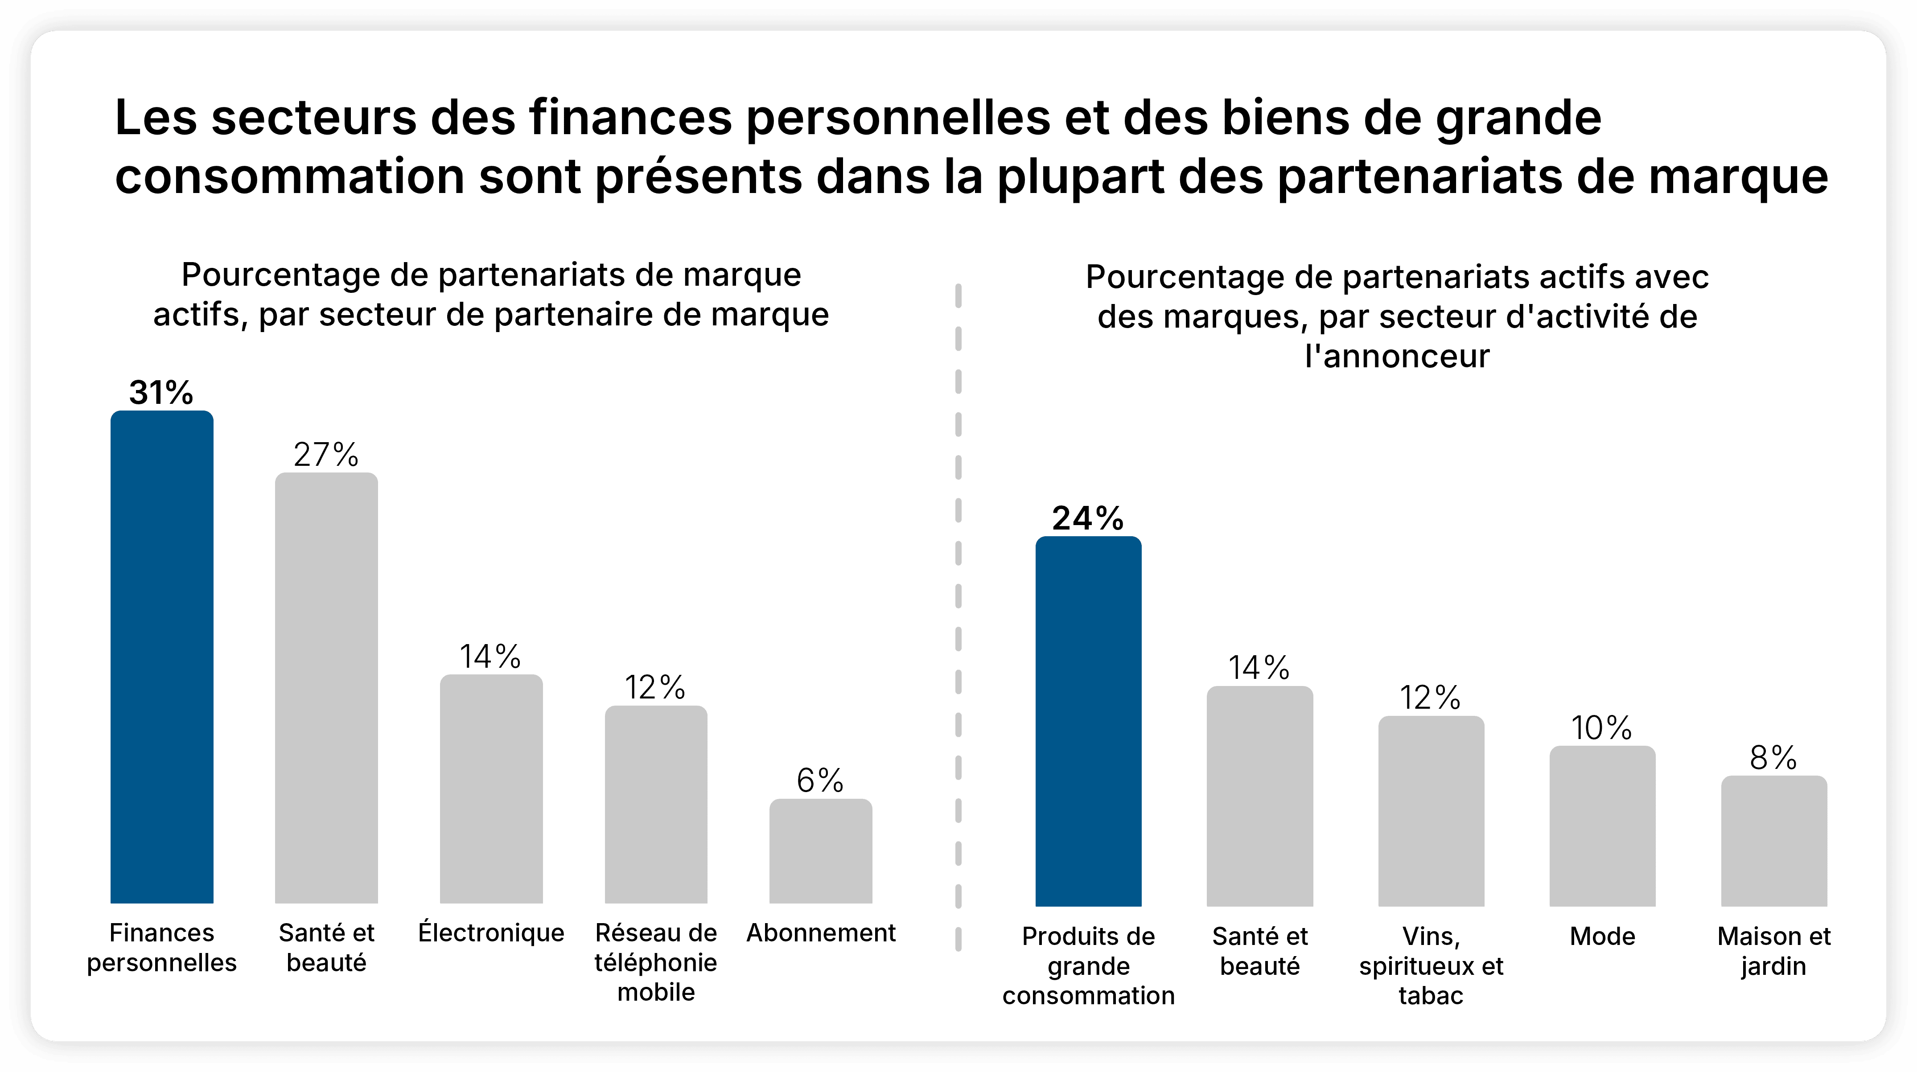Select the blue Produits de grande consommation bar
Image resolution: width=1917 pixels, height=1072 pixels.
point(1088,722)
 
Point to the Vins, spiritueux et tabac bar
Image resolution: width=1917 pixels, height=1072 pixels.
point(1430,811)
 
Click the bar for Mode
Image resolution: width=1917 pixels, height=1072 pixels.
point(1602,826)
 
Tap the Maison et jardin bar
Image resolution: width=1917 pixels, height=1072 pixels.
point(1773,841)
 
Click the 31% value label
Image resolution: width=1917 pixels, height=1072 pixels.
point(161,393)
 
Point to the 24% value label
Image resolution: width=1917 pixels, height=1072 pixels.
point(1087,518)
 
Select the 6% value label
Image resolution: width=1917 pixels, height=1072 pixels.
point(820,780)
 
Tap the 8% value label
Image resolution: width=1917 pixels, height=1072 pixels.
point(1773,758)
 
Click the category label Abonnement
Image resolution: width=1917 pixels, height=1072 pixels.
point(821,933)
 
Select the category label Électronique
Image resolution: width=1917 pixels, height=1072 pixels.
point(491,933)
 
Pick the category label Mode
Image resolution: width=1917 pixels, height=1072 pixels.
point(1602,936)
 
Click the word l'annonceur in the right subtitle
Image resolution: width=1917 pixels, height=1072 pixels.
point(1397,356)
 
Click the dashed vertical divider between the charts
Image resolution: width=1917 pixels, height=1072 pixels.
point(958,595)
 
